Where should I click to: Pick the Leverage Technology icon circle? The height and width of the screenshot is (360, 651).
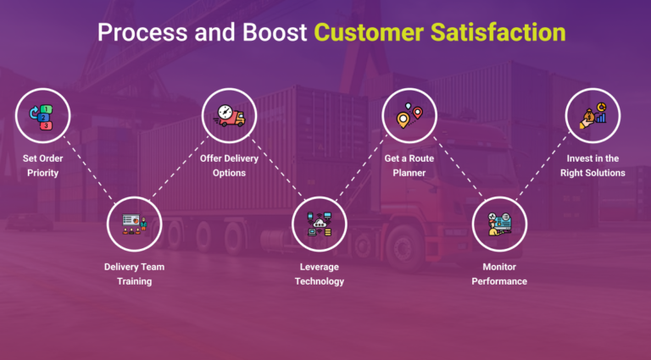[319, 224]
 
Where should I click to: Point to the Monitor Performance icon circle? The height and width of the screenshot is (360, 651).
[499, 224]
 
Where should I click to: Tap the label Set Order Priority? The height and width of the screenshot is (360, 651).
[41, 165]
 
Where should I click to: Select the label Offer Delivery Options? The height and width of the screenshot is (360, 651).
[229, 165]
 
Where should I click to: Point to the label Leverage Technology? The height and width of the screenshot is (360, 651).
[320, 274]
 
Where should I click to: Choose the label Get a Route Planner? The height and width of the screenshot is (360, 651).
[409, 165]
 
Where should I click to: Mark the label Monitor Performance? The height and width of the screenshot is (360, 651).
[499, 274]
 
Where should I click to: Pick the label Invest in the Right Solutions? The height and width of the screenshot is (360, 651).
[593, 165]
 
